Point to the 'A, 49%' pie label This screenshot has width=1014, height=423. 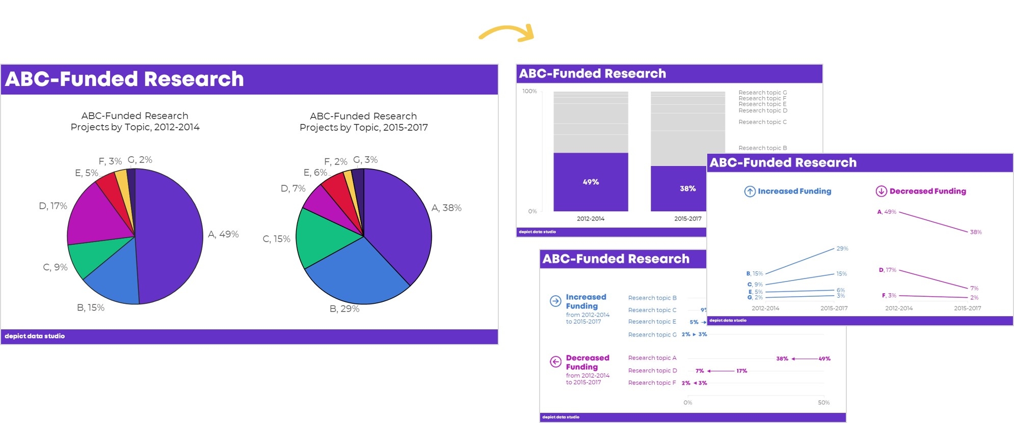click(223, 234)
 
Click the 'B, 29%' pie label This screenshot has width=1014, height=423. click(344, 308)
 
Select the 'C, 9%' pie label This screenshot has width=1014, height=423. click(55, 267)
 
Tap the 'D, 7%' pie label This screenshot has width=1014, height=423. click(293, 188)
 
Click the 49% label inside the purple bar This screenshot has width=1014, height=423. click(591, 182)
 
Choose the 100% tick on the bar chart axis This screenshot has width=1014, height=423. click(529, 91)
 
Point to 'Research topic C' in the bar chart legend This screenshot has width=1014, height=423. click(762, 122)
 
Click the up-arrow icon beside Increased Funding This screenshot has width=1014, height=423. click(750, 191)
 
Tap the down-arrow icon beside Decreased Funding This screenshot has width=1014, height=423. click(881, 191)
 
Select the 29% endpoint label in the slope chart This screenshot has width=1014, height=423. click(842, 248)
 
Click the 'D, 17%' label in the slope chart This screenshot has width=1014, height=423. click(887, 270)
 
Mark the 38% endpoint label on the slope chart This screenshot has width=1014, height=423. click(976, 232)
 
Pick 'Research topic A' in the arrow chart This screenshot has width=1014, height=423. click(652, 358)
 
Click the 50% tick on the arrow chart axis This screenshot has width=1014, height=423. click(823, 403)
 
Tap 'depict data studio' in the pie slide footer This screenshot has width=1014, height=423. click(35, 336)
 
